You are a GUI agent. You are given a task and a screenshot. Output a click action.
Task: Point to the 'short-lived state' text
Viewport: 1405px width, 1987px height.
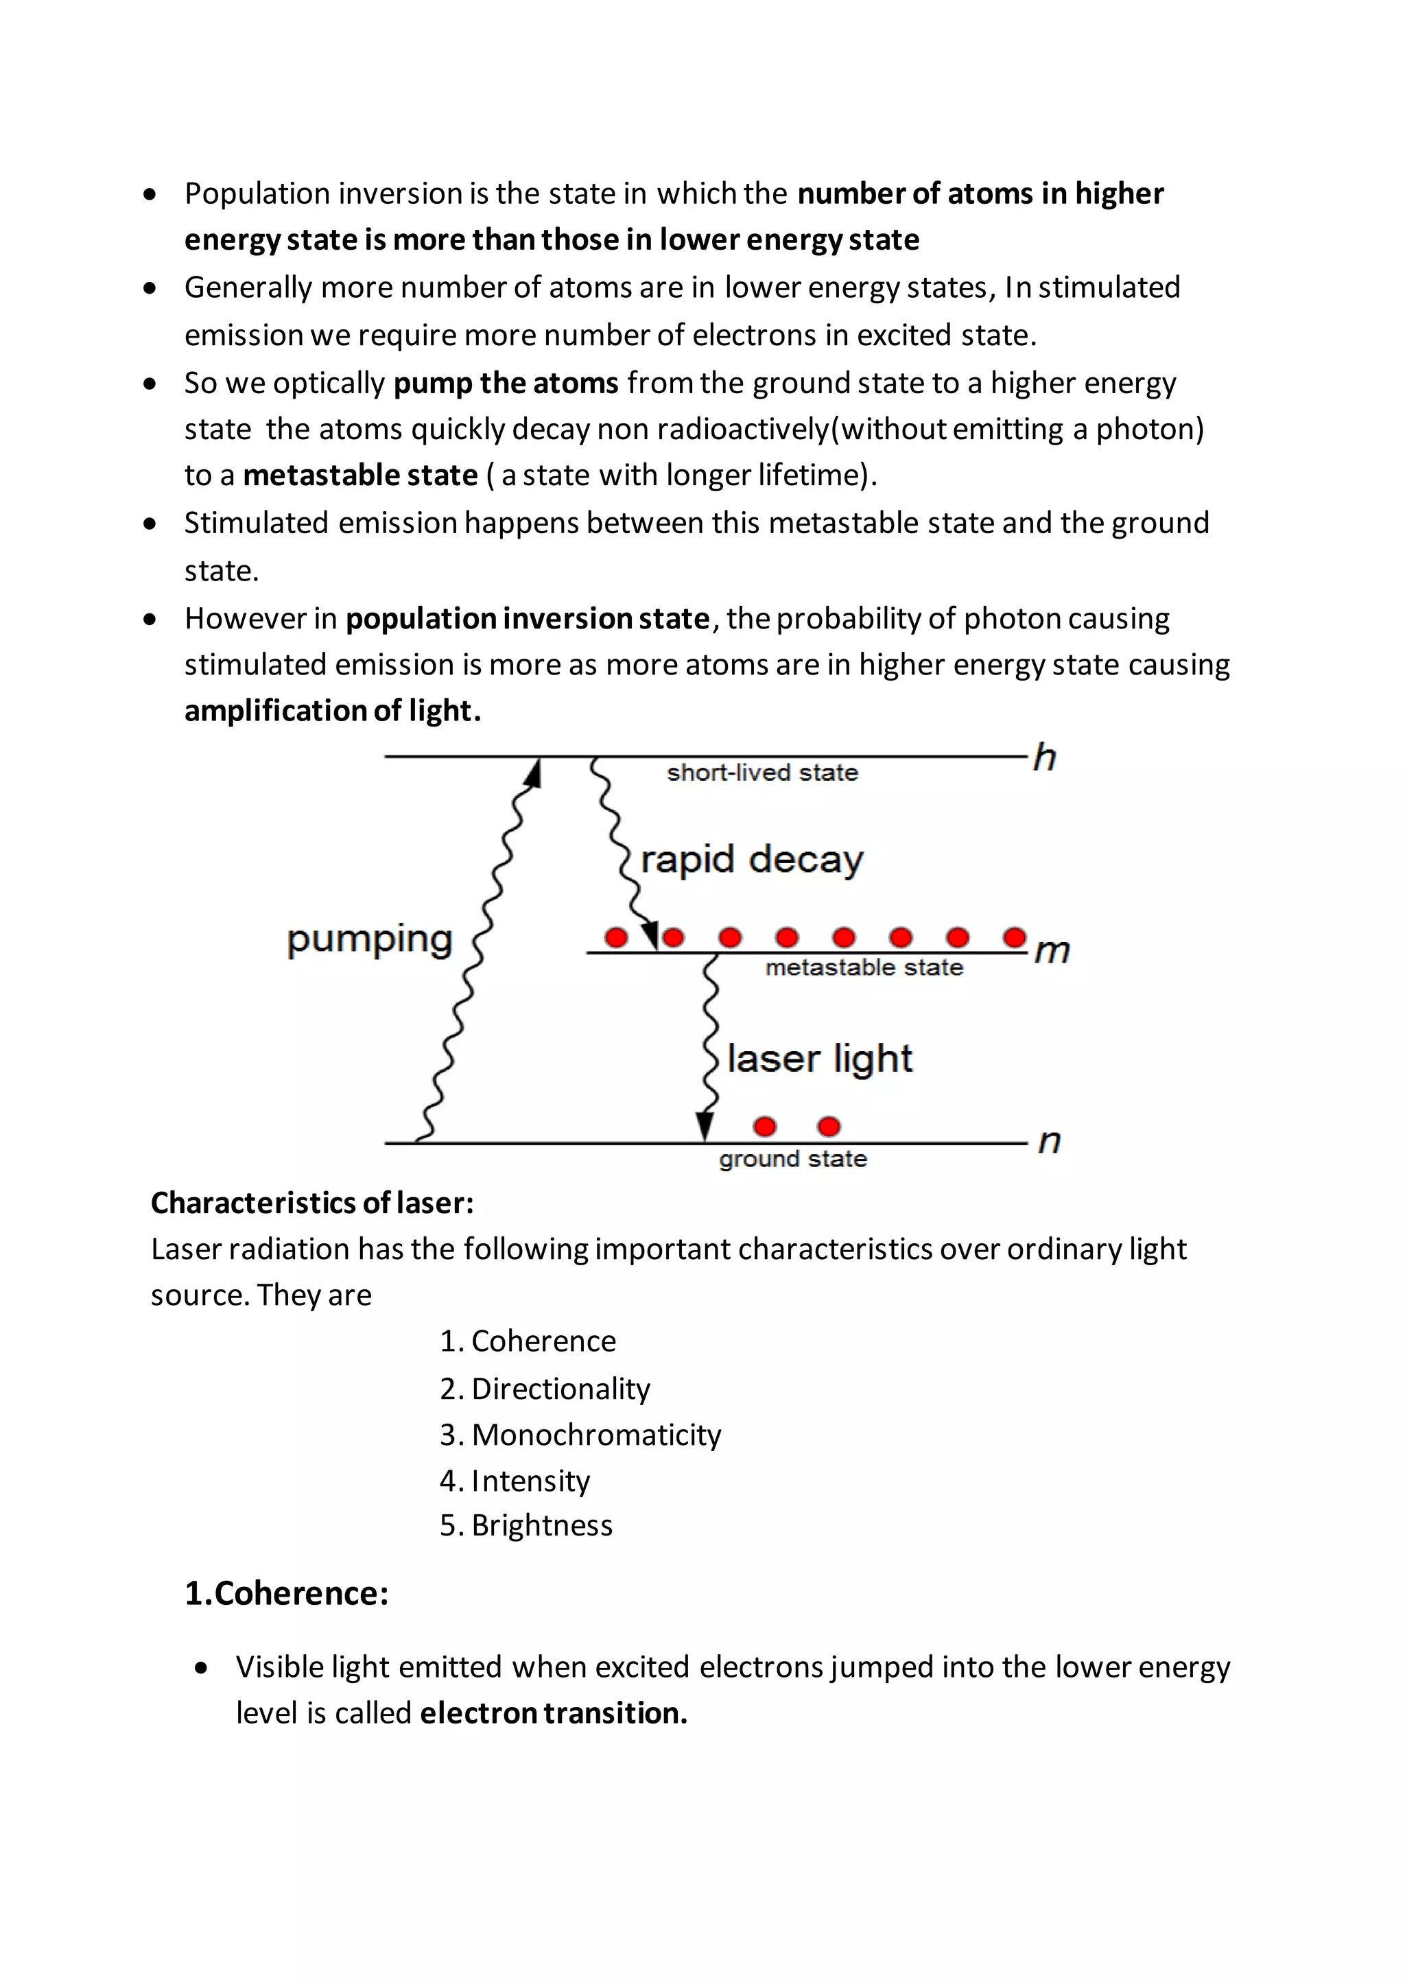tap(762, 772)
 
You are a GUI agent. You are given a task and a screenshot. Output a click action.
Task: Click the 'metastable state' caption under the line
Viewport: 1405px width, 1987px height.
tap(864, 967)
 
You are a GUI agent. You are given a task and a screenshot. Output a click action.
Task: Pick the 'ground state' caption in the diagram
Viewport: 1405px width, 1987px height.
tap(792, 1159)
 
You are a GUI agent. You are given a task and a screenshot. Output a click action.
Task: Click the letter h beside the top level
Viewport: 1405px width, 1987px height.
tap(1045, 758)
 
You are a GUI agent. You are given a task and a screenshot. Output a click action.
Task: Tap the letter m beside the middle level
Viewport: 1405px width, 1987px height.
tap(1052, 951)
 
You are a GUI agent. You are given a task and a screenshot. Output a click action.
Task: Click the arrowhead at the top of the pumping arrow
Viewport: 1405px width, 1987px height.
tap(533, 773)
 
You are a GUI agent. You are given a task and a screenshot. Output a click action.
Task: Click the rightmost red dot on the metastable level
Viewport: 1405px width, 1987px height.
tap(1015, 937)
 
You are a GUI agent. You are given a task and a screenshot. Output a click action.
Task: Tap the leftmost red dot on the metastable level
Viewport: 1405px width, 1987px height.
tap(616, 937)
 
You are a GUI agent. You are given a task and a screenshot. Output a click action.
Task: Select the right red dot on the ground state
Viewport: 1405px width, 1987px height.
tap(829, 1126)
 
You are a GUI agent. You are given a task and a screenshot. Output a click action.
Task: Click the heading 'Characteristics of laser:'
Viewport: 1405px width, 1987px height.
tap(312, 1203)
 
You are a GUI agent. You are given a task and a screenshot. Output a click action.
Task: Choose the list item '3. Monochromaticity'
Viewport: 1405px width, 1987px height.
tap(580, 1435)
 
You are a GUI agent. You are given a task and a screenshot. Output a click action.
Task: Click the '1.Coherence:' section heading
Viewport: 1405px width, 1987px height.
tap(286, 1593)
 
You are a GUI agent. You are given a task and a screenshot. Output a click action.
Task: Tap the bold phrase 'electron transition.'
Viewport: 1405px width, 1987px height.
tap(554, 1713)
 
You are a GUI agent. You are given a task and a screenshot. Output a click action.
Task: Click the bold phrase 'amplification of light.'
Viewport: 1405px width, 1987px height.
tap(332, 712)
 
